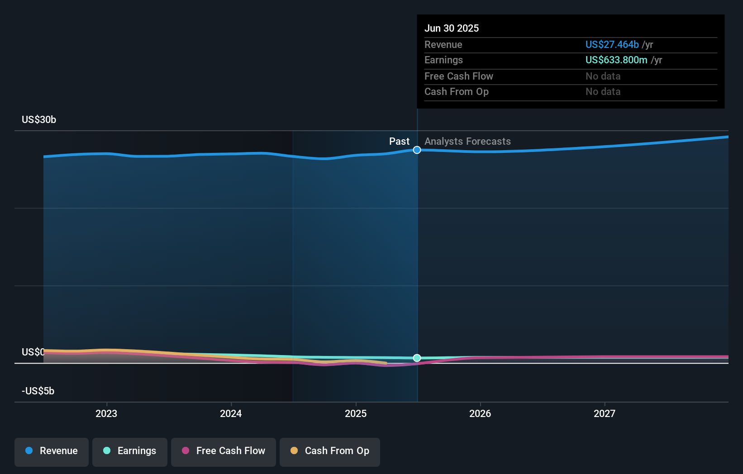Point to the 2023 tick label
(106, 414)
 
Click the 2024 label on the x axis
(231, 414)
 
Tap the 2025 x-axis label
(356, 414)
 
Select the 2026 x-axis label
(480, 414)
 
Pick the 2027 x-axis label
(605, 414)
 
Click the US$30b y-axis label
(39, 120)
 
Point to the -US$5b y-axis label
(38, 391)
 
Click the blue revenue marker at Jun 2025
(417, 150)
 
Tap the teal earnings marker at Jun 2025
(417, 358)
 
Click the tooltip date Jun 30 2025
(452, 28)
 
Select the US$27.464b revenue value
(612, 44)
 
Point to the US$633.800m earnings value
(616, 60)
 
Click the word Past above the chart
(400, 142)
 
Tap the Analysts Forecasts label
(468, 142)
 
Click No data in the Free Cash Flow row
(603, 76)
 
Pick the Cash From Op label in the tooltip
(457, 92)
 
